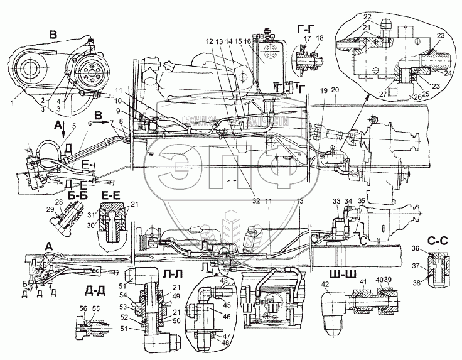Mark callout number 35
360,202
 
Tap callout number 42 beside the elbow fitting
325,285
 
